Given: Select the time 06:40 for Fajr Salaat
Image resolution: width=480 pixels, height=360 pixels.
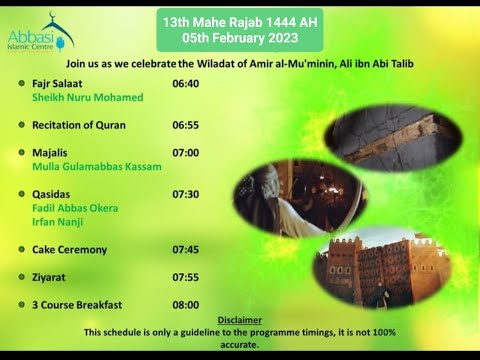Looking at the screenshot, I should (x=186, y=84).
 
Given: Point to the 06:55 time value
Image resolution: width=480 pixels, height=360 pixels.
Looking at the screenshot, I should (x=186, y=125).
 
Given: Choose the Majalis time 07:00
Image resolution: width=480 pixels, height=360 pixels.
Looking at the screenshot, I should (x=186, y=153).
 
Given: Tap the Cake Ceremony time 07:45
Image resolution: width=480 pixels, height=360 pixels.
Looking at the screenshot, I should (x=186, y=249).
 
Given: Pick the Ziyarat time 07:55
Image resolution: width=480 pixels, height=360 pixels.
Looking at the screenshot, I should (x=186, y=277).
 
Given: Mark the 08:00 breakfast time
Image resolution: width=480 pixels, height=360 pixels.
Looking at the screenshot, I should (x=186, y=304).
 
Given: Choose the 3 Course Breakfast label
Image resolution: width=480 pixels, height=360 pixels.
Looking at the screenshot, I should (x=77, y=304).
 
